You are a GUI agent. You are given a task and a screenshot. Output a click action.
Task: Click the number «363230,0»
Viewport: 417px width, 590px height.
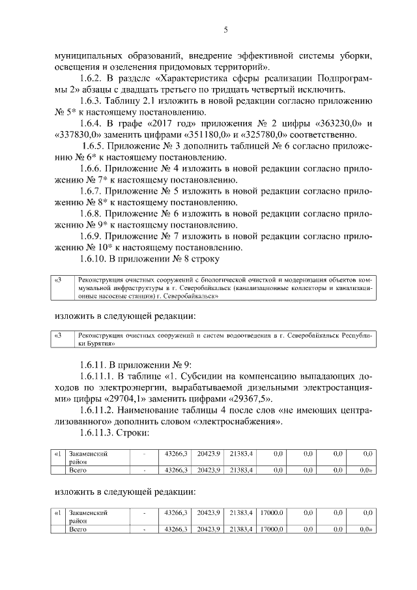[x=341, y=124]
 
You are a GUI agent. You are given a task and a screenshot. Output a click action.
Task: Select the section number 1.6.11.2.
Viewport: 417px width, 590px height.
[x=101, y=411]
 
